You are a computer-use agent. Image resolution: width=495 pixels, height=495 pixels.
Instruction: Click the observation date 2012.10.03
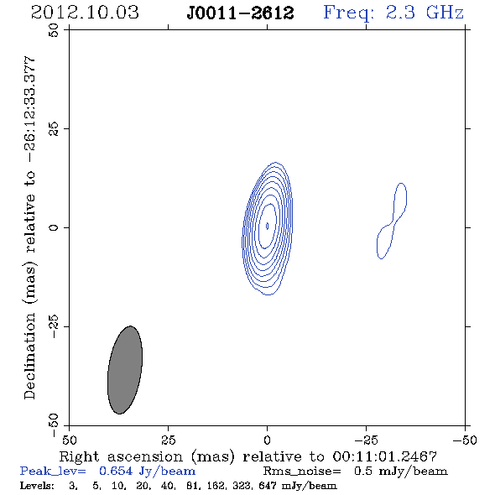click(85, 13)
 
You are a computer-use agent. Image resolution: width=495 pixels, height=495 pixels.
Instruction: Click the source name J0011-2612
click(240, 13)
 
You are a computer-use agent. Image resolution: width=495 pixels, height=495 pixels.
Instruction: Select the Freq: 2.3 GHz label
click(393, 13)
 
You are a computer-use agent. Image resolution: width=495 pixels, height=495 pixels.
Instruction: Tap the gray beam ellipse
click(125, 370)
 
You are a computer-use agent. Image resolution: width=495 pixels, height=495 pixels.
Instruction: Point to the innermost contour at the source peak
click(267, 226)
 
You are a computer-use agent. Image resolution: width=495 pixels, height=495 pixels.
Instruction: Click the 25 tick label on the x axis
click(168, 440)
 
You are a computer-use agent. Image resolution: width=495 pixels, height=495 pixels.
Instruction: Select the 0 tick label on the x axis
click(267, 440)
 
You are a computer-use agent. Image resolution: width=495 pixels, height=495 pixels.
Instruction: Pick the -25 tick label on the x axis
click(366, 440)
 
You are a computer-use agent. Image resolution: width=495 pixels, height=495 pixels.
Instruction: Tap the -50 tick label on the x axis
click(465, 440)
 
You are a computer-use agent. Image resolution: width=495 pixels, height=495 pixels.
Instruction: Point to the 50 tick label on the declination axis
click(54, 30)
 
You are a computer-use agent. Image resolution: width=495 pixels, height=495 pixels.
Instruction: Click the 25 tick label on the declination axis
click(54, 129)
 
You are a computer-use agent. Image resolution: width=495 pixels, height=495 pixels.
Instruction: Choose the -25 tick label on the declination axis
click(54, 326)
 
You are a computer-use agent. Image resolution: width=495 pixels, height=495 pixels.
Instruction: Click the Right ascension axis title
click(248, 456)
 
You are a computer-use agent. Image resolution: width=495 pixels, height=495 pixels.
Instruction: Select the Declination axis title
click(29, 227)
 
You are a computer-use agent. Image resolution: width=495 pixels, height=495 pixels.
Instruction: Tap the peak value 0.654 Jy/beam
click(147, 472)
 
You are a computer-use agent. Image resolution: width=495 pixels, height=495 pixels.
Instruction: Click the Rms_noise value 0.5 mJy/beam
click(401, 472)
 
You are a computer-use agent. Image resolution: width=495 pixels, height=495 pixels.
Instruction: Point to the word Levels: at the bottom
click(37, 485)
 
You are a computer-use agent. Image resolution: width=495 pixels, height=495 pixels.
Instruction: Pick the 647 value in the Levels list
click(268, 485)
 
